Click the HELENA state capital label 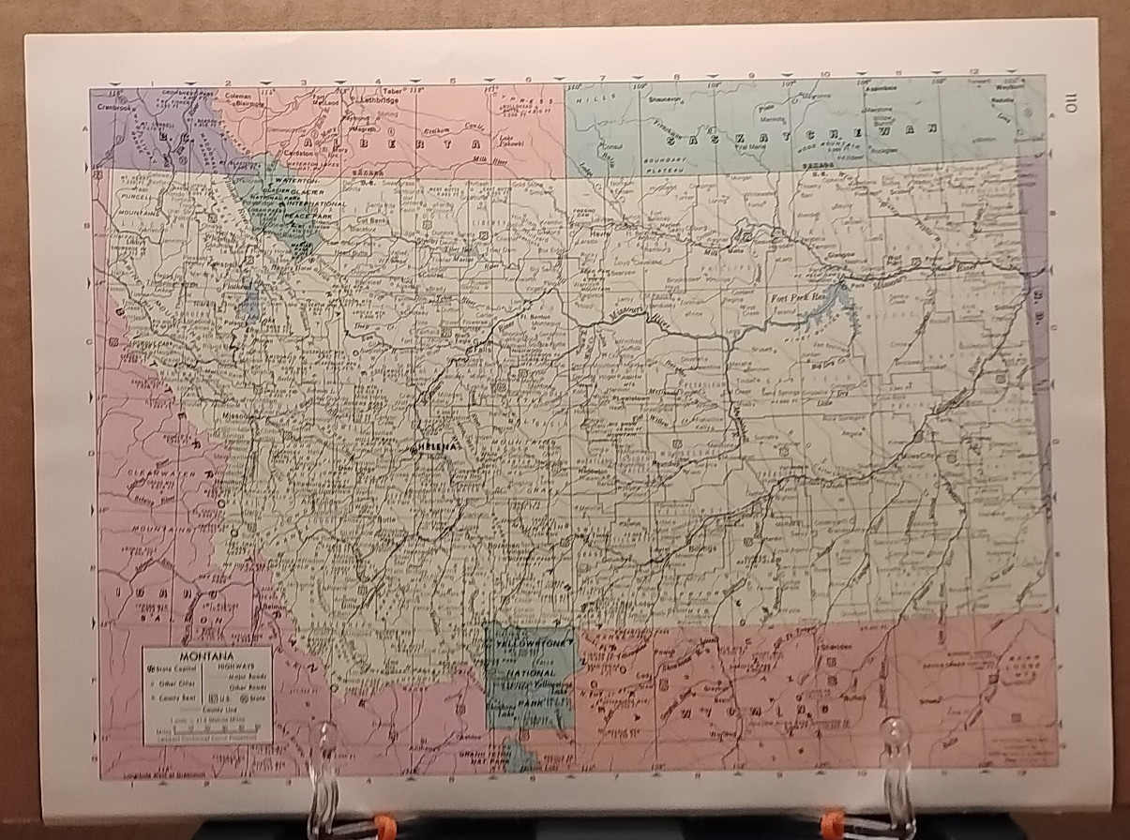coord(436,447)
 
